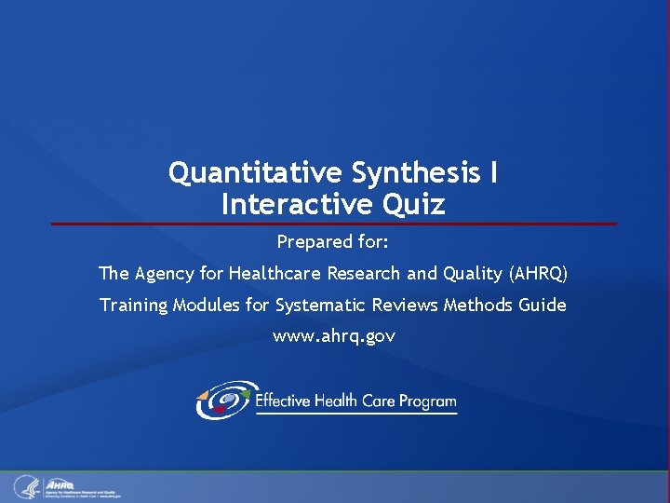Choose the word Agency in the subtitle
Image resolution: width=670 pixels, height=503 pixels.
coord(164,274)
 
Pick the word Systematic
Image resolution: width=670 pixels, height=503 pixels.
coord(320,305)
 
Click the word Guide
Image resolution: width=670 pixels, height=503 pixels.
coord(543,305)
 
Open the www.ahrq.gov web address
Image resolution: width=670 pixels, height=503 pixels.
coord(333,336)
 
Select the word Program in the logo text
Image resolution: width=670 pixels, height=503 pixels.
coord(427,401)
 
